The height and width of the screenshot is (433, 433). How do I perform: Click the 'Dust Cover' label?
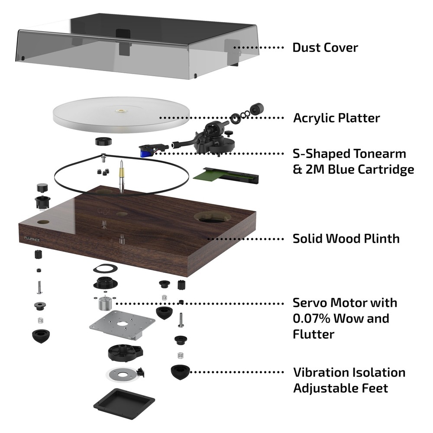pyautogui.click(x=325, y=47)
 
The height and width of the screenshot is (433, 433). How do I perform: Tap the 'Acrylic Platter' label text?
pyautogui.click(x=336, y=118)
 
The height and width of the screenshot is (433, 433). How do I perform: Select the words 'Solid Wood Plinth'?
pyautogui.click(x=346, y=238)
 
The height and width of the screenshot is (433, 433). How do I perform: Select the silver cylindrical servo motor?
pyautogui.click(x=104, y=304)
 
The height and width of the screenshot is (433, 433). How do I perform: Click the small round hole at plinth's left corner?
pyautogui.click(x=43, y=222)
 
